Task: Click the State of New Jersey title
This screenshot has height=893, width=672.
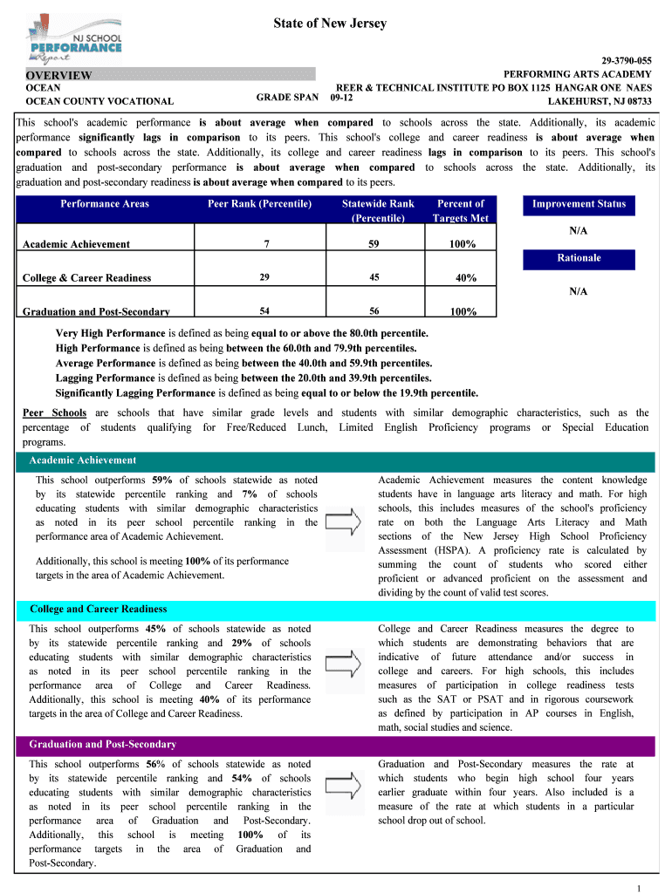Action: (x=335, y=24)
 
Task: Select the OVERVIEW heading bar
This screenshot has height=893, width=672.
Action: (x=166, y=76)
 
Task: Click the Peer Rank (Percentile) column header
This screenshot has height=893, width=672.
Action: (x=259, y=204)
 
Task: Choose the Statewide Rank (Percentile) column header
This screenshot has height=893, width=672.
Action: (x=378, y=210)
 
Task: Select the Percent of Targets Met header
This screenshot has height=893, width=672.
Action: (x=460, y=210)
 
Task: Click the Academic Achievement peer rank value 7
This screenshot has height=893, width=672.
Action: (x=264, y=244)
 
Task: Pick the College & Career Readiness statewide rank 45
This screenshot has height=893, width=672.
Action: (x=374, y=277)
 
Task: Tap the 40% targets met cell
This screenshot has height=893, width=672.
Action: (x=465, y=278)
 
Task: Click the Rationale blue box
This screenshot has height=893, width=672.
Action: (x=579, y=258)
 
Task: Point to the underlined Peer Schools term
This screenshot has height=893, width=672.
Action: (x=54, y=412)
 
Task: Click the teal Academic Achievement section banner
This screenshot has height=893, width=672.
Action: (x=335, y=460)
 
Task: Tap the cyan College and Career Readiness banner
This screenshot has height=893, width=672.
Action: (x=335, y=610)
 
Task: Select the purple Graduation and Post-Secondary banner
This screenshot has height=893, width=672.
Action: (x=335, y=745)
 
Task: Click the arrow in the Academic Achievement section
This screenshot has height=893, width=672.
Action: (x=347, y=523)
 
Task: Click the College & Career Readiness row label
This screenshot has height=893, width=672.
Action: (x=86, y=278)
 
